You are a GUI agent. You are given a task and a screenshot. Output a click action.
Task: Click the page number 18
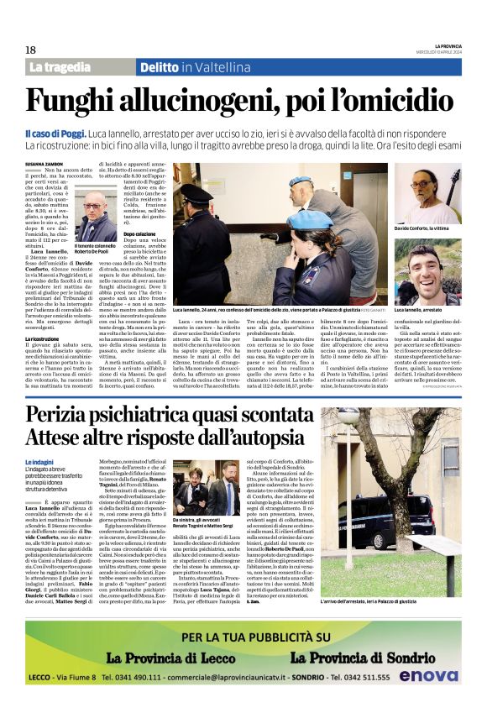[29, 50]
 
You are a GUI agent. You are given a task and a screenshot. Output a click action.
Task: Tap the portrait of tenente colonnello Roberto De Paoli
[95, 217]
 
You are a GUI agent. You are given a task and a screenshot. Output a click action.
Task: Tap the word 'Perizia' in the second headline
[65, 416]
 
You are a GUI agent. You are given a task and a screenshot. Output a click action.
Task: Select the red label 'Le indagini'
[39, 462]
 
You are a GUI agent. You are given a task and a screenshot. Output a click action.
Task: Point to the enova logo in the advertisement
[429, 674]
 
